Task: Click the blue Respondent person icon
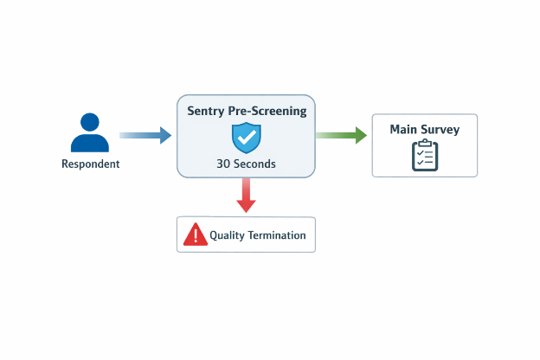point(90,133)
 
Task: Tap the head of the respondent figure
point(90,122)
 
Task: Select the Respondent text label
point(90,164)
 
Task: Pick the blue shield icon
point(247,137)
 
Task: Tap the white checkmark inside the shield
point(247,136)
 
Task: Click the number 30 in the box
point(224,163)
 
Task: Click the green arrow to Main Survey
point(341,135)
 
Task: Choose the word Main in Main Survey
point(404,130)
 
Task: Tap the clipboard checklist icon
point(424,155)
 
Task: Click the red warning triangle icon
point(195,234)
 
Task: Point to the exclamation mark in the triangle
point(195,235)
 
